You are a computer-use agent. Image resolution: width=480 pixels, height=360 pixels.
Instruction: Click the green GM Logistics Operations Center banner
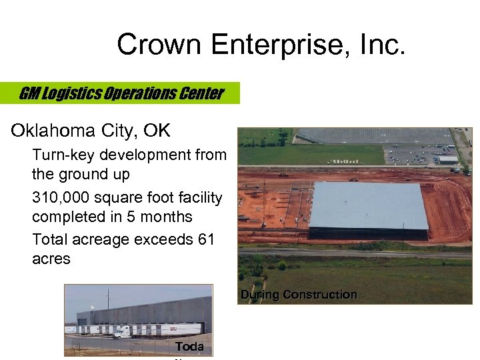121,93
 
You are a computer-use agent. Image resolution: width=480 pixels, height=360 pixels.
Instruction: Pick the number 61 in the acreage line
205,239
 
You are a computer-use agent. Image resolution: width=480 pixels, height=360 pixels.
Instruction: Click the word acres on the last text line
51,259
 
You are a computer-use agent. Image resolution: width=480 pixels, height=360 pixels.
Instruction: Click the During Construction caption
299,295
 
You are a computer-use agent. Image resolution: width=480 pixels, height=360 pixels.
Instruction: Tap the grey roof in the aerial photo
368,205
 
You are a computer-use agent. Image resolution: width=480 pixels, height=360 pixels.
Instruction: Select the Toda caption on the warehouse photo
189,347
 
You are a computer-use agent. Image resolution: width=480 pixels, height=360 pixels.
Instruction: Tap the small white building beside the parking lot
448,160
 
